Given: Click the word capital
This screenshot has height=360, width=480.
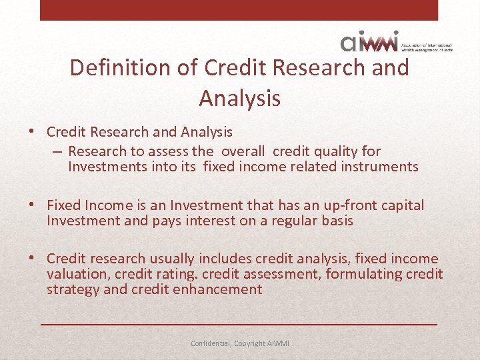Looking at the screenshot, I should tap(401, 205).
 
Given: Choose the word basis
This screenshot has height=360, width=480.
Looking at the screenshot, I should tap(337, 221).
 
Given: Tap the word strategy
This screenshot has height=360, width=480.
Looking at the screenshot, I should tap(71, 289).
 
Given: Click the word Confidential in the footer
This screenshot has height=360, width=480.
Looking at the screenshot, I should tap(211, 343).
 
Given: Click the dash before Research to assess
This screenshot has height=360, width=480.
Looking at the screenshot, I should tap(58, 151).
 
